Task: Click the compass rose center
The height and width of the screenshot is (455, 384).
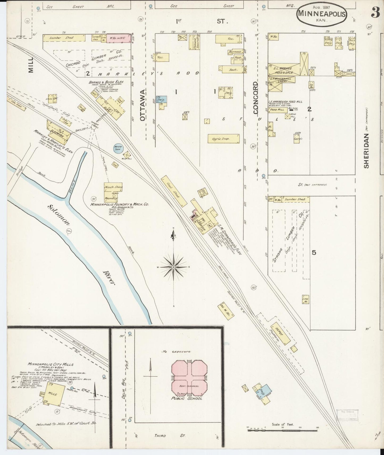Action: pos(173,267)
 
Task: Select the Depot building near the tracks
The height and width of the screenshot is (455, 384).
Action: pos(280,333)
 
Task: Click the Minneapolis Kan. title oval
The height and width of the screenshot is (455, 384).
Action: pos(322,15)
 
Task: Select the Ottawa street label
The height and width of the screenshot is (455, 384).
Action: pos(143,105)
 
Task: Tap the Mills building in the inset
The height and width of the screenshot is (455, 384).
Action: pos(56,394)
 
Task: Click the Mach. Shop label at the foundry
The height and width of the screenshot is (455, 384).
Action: pos(113,187)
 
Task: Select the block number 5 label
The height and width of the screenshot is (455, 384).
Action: pos(314,252)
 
